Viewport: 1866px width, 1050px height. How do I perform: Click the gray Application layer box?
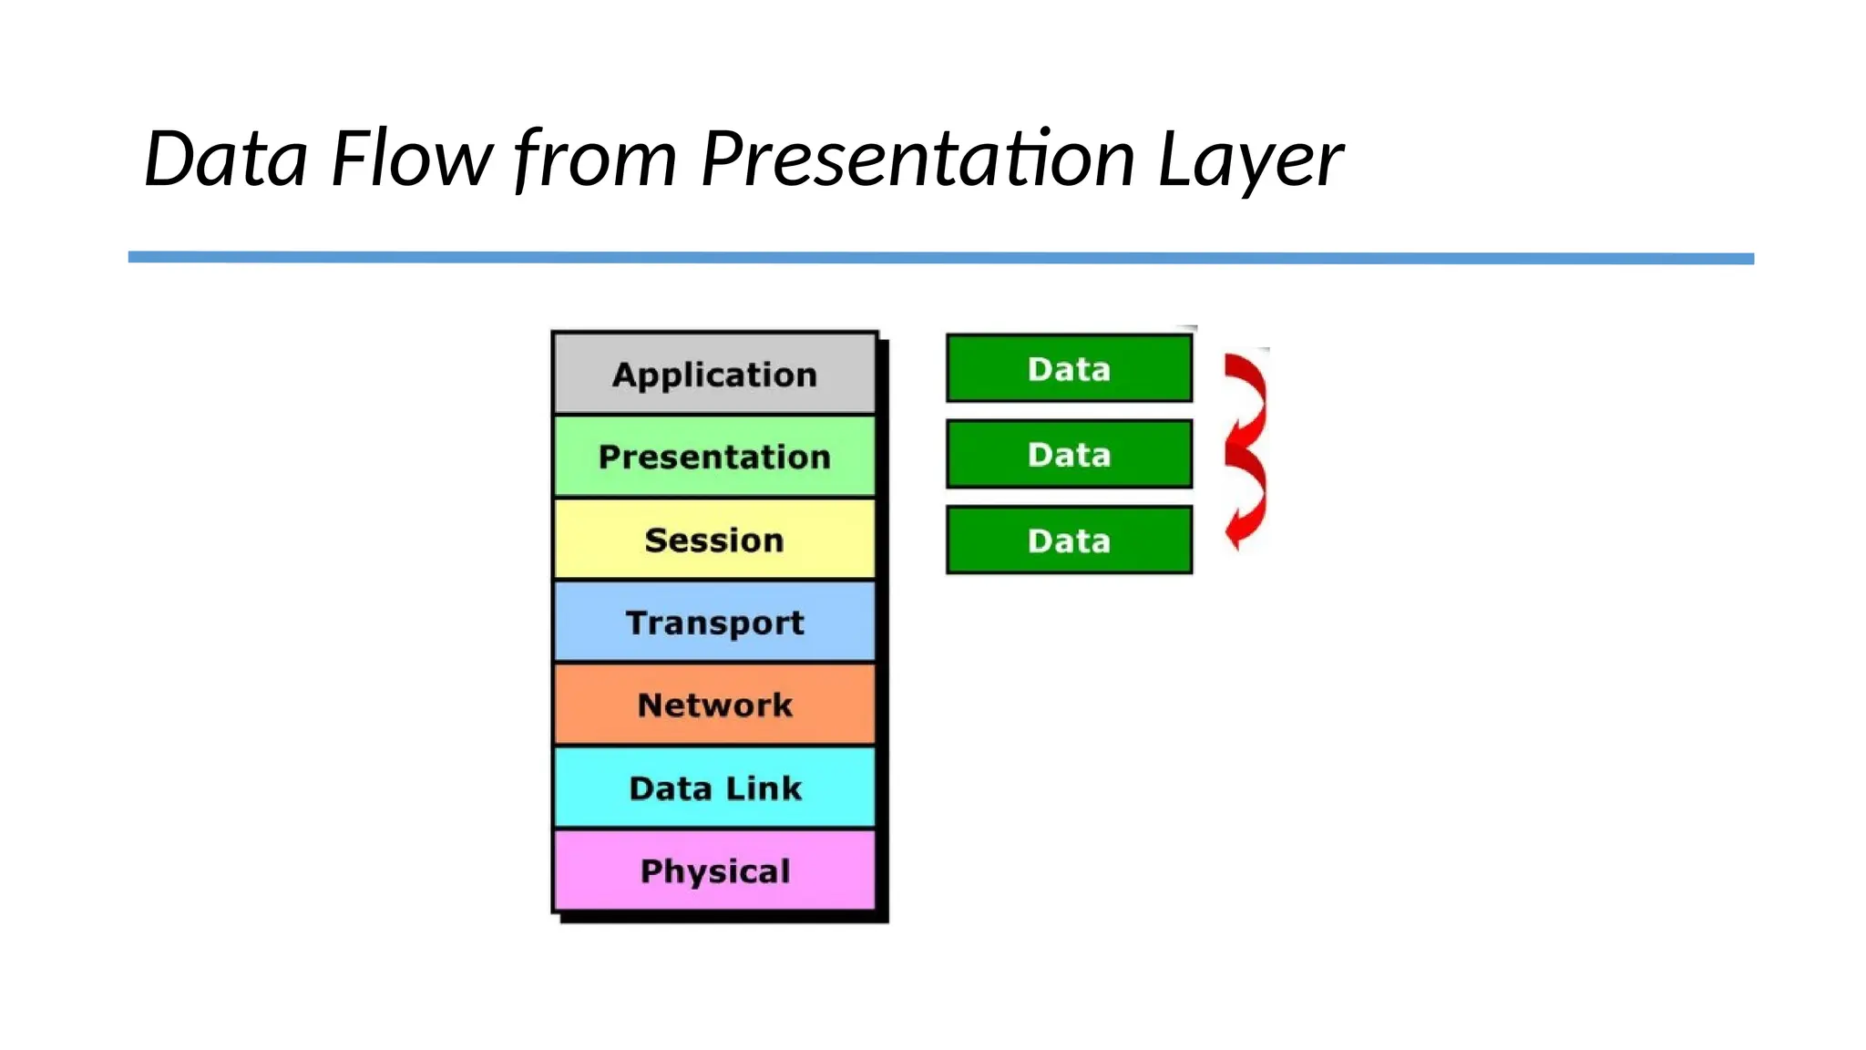(714, 374)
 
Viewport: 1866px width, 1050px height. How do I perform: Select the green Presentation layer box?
(714, 456)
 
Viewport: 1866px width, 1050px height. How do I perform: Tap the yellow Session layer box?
(714, 540)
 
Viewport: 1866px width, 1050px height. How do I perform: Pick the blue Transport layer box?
(714, 623)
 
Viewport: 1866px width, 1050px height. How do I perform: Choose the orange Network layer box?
(714, 705)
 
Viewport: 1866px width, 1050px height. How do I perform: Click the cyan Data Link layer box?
(714, 787)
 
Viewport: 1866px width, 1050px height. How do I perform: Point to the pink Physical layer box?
(714, 870)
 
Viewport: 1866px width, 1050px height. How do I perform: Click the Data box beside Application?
(1069, 368)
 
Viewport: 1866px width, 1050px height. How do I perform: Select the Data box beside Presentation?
(1069, 454)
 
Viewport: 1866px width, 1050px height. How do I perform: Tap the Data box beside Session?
(1069, 540)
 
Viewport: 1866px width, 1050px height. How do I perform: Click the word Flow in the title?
(410, 159)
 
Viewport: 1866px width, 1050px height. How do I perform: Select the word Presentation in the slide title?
(917, 159)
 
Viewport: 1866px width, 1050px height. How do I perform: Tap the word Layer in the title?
(1249, 160)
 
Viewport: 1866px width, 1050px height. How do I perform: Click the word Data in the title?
(225, 159)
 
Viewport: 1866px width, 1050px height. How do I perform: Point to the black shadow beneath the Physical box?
(724, 917)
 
